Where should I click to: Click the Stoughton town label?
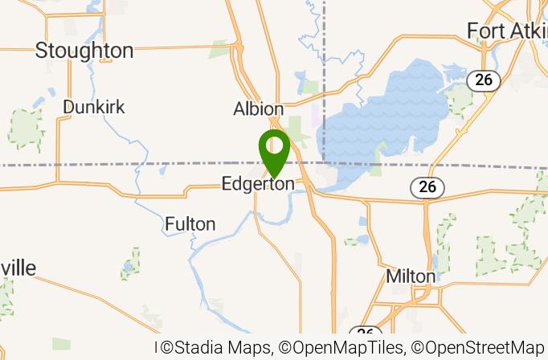tap(84, 51)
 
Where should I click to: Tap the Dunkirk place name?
tap(94, 107)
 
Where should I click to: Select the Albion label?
tap(258, 108)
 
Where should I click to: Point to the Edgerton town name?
tap(258, 185)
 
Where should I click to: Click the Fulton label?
tap(190, 224)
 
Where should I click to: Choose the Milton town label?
tap(411, 276)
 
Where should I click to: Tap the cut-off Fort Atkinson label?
tap(507, 31)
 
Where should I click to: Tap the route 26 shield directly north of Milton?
tap(427, 187)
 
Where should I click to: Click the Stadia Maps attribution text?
tap(217, 348)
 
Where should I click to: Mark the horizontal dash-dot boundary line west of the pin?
tap(121, 164)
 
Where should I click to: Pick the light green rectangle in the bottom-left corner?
tap(61, 344)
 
